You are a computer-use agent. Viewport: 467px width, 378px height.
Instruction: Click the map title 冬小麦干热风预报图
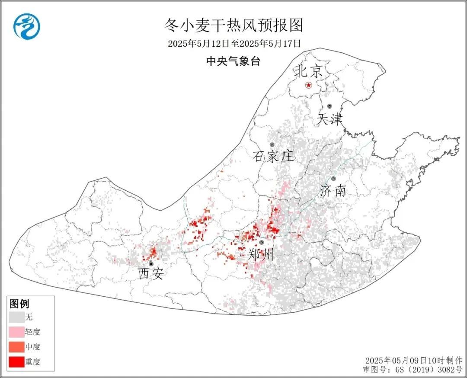coord(233,26)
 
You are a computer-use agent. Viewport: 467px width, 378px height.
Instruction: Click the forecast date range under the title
coord(234,44)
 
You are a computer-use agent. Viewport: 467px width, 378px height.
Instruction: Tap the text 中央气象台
coord(233,61)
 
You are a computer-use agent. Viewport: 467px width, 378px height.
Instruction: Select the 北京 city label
coord(308,71)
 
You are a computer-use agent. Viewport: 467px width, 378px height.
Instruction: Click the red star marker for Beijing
coord(308,85)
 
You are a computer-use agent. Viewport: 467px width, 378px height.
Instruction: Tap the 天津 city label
coord(330,119)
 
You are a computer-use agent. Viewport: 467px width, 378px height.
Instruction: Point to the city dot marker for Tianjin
coord(329,106)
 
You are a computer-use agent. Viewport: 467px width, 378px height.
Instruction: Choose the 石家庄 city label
coord(273,156)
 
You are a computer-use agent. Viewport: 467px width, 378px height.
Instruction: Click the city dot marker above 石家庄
coord(272,145)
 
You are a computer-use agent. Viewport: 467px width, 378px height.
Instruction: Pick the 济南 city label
coord(333,191)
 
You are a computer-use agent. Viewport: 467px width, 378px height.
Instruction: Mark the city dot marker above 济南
coord(333,179)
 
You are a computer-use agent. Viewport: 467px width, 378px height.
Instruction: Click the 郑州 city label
coord(261,255)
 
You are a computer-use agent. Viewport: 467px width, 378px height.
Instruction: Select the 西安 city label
coord(151,274)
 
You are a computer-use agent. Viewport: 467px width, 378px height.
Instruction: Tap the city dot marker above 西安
coord(151,263)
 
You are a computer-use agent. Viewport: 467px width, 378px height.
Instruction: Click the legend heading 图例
coord(19,304)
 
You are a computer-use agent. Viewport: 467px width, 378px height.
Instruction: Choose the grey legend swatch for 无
coord(16,317)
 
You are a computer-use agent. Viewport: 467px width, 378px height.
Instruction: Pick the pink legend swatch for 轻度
coord(16,332)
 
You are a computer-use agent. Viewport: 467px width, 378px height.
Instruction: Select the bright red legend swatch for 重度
coord(16,362)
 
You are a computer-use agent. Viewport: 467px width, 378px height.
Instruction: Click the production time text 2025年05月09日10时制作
coord(413,361)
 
